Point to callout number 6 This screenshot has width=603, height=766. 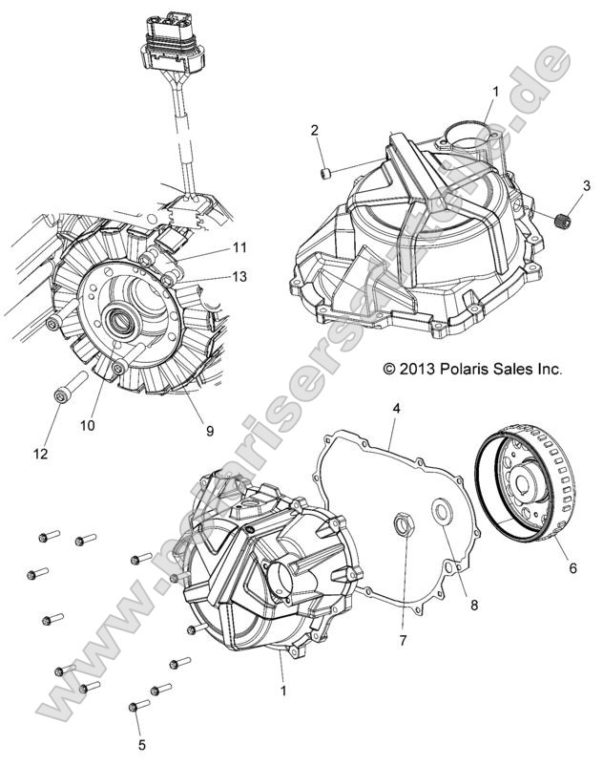click(x=572, y=566)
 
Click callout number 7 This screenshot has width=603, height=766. click(x=403, y=637)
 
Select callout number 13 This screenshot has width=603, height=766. click(x=239, y=277)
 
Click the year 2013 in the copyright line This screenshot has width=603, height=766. click(x=416, y=368)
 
